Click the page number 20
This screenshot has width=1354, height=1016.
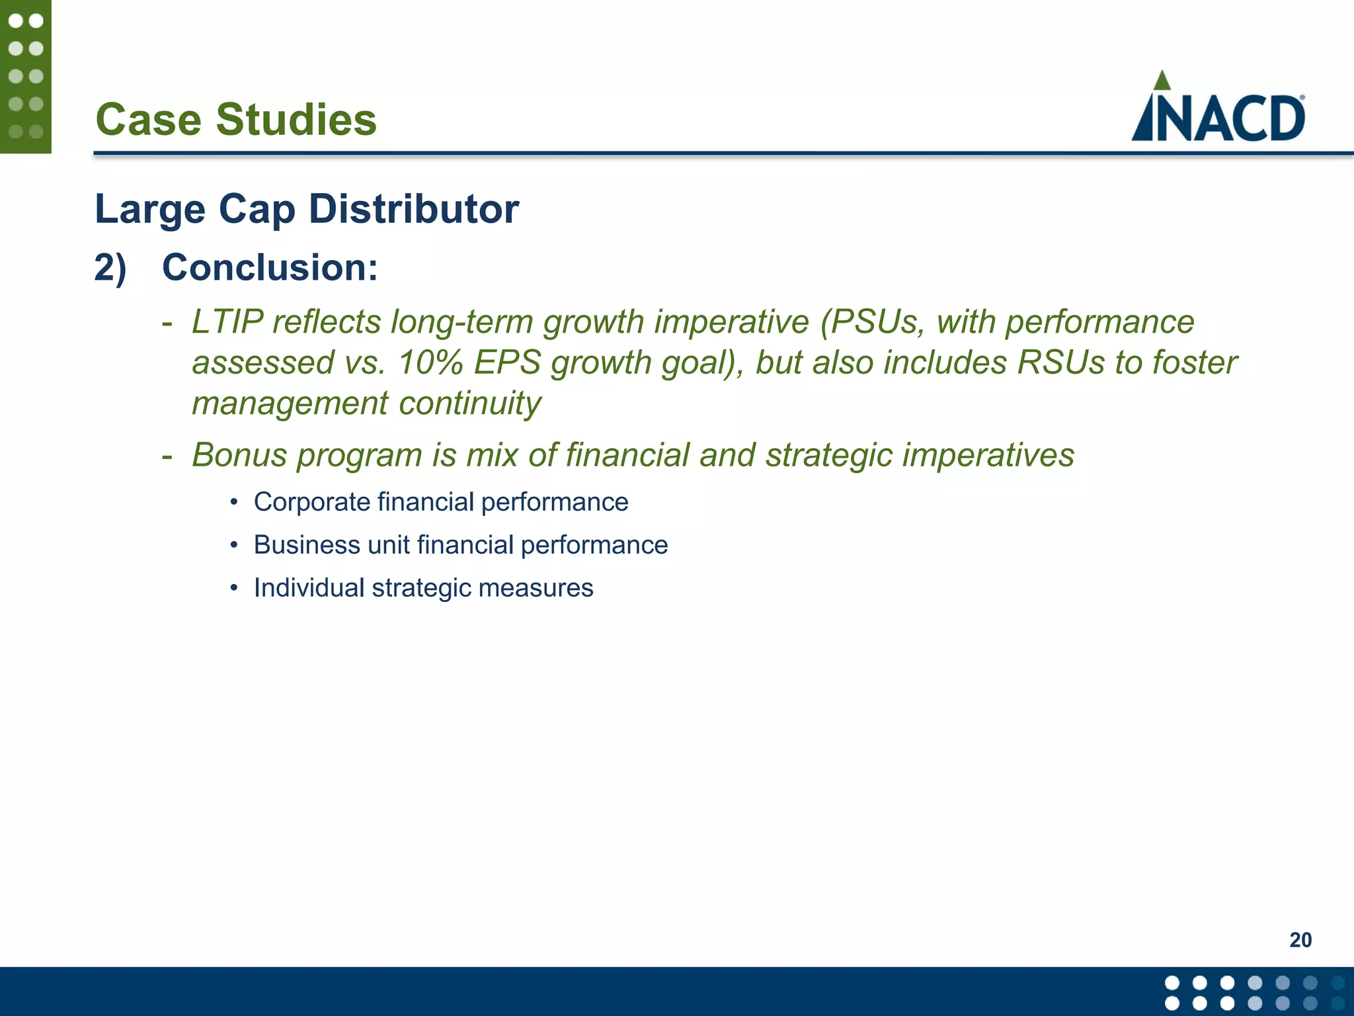(1300, 940)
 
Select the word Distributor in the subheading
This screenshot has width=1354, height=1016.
(414, 209)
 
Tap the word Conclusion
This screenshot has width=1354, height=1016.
(270, 268)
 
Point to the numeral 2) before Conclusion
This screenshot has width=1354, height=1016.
(110, 268)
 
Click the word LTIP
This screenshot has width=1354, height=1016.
(227, 322)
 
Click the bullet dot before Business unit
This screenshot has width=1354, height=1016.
(233, 546)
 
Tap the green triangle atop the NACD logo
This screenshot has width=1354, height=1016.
(1162, 81)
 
